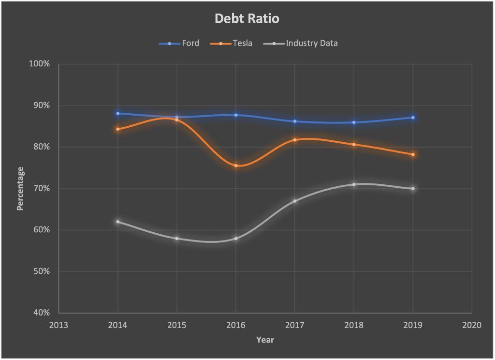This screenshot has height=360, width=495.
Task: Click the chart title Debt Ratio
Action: pyautogui.click(x=247, y=19)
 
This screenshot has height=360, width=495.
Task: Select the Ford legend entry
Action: pyautogui.click(x=190, y=44)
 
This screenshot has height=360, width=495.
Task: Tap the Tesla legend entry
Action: pyautogui.click(x=242, y=44)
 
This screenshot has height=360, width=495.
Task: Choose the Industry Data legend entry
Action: pyautogui.click(x=311, y=44)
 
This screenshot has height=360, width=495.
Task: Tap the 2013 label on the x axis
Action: pyautogui.click(x=59, y=325)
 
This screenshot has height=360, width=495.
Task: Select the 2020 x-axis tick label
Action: pyautogui.click(x=472, y=325)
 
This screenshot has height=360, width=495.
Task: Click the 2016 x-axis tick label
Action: pyautogui.click(x=236, y=325)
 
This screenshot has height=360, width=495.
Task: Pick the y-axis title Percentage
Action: pyautogui.click(x=20, y=188)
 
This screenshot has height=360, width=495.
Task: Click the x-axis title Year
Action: pyautogui.click(x=265, y=340)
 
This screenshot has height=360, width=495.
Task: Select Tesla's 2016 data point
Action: pyautogui.click(x=236, y=165)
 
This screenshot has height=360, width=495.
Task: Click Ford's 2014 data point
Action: pyautogui.click(x=118, y=113)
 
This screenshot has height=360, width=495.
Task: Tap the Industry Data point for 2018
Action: pyautogui.click(x=354, y=184)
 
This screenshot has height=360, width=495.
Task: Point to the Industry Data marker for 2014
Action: pyautogui.click(x=118, y=222)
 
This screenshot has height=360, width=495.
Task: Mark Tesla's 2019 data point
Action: pyautogui.click(x=413, y=154)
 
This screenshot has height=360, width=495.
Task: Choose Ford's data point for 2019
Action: pyautogui.click(x=413, y=118)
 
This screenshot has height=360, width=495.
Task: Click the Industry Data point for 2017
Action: pyautogui.click(x=295, y=201)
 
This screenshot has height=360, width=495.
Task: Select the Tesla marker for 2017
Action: pyautogui.click(x=295, y=140)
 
